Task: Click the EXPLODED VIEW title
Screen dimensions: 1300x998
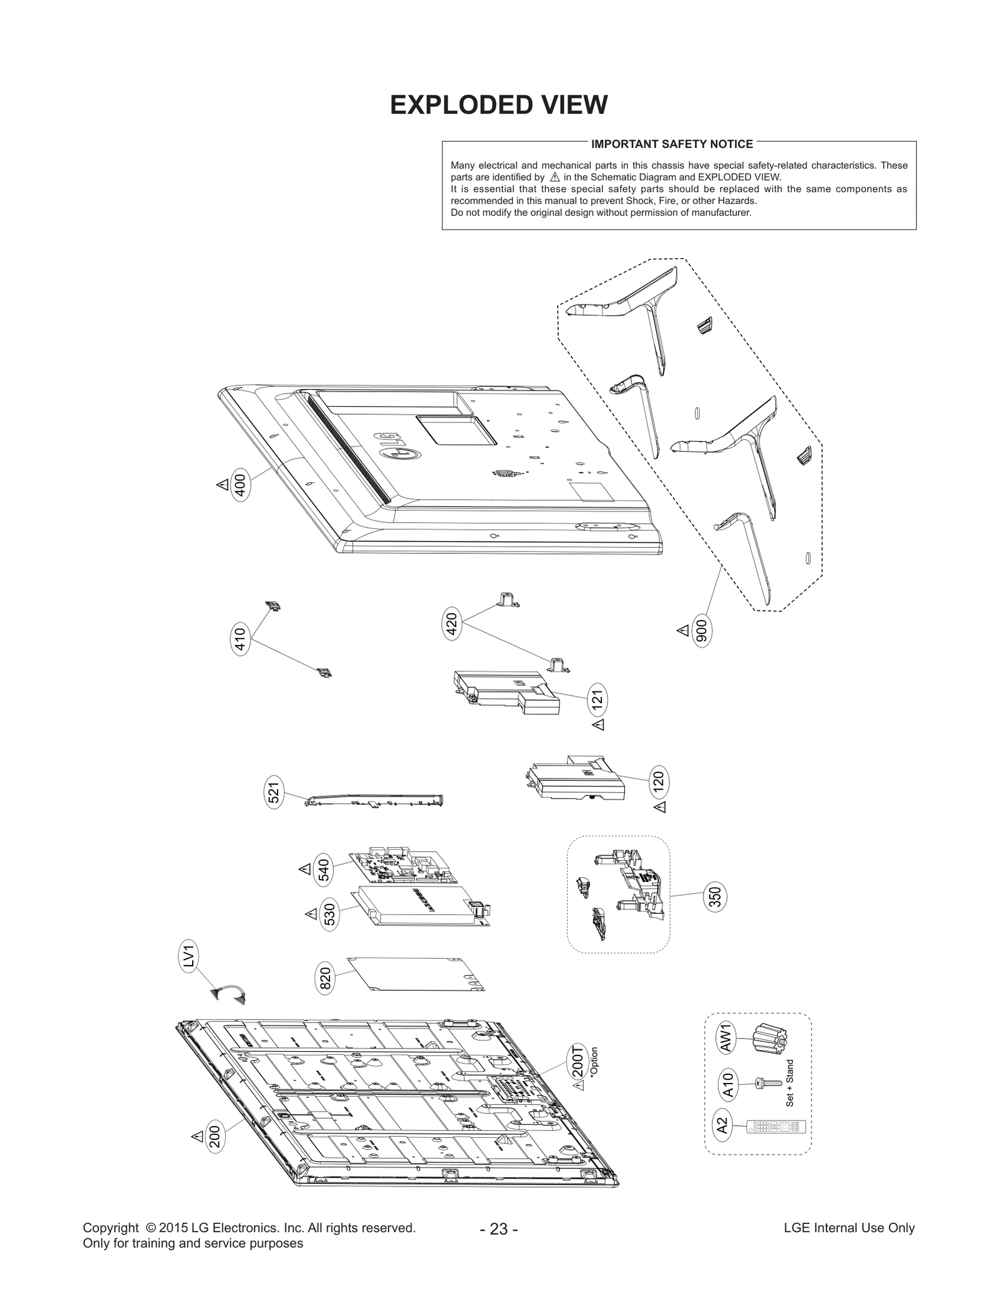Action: tap(498, 105)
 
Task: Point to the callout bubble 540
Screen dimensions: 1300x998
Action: tap(324, 870)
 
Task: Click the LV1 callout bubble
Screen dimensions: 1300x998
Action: tap(190, 956)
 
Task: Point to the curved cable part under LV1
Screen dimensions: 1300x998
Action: tap(229, 993)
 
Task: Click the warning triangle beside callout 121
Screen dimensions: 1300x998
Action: tap(598, 724)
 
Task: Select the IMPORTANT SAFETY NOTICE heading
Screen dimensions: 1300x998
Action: tap(672, 144)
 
